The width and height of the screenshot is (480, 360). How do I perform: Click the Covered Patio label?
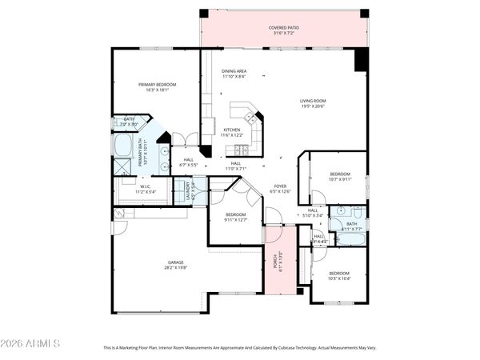coord(283,29)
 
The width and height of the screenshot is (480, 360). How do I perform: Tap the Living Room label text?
coord(313,101)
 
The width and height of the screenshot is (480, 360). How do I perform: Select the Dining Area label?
coord(234,71)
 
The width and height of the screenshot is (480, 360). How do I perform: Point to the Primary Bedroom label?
coord(157,84)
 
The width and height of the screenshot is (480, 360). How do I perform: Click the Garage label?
coord(175,262)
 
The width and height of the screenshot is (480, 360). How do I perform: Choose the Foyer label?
coord(280,186)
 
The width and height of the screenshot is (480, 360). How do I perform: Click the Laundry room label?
coord(190,190)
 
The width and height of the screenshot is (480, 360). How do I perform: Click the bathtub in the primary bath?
coord(124,146)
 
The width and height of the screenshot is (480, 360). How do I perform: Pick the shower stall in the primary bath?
coord(122,166)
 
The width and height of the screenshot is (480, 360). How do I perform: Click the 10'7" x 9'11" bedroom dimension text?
coord(340,179)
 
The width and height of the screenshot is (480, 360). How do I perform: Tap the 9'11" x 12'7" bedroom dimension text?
coord(235,220)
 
